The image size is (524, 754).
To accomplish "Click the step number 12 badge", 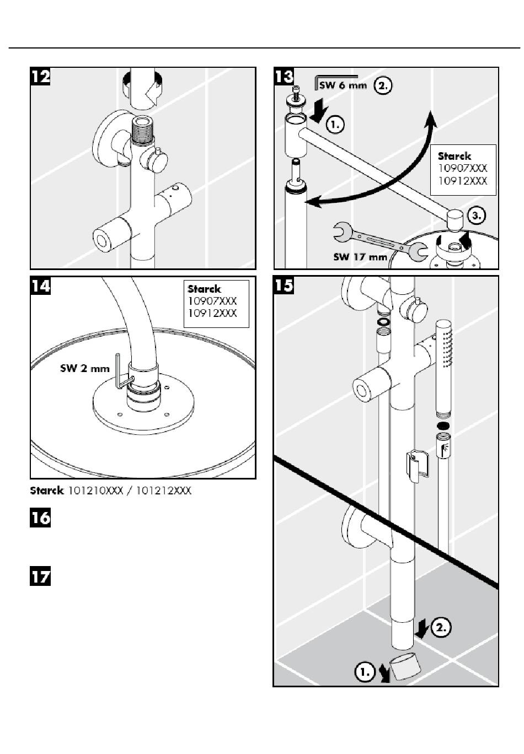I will pos(40,77).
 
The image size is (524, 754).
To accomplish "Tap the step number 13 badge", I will pos(284,77).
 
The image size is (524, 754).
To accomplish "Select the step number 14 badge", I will pos(40,286).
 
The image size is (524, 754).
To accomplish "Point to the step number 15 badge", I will pos(284,286).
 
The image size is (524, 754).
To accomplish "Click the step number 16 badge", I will pos(40,518).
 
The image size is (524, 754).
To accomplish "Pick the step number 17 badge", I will pos(40,577).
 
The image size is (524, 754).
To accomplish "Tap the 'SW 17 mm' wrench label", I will pos(360,257).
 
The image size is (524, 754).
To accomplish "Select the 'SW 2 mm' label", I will pos(84,368).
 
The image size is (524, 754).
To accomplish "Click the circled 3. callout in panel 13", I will pos(476,216).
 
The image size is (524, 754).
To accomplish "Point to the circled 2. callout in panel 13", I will pos(383,85).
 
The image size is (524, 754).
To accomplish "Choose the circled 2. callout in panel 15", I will pos(441,627).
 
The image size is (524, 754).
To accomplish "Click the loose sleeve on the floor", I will pos(405,669).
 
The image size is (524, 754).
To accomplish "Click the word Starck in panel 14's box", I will pos(204,289).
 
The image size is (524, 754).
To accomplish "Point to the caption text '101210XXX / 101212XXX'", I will pos(129,491).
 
